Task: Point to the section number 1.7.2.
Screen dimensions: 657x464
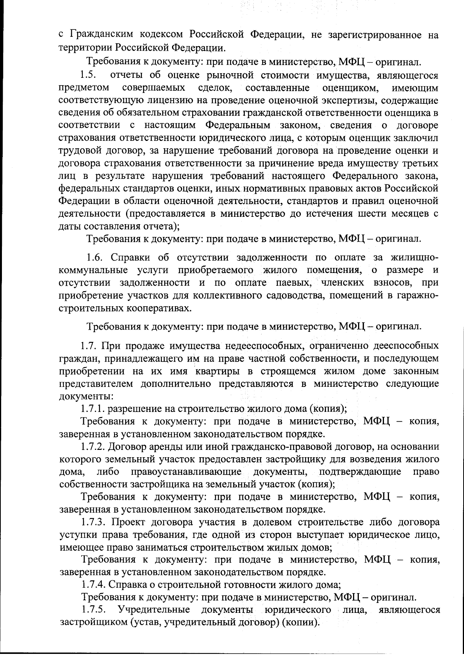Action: coord(93,447)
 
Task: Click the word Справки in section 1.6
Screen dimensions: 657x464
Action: coord(132,258)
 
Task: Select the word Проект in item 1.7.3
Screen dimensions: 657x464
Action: coord(129,522)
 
